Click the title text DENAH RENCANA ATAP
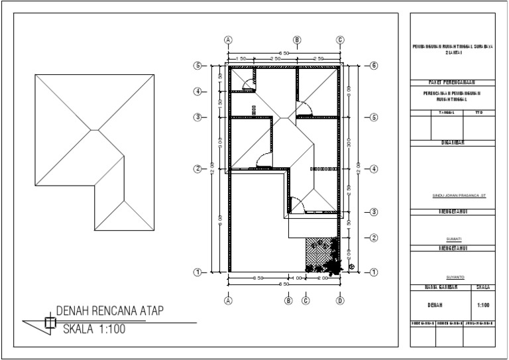click(109, 311)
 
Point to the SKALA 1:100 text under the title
click(93, 328)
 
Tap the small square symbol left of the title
click(49, 323)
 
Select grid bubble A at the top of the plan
click(229, 40)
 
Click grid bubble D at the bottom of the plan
click(339, 300)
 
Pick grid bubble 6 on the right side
click(374, 66)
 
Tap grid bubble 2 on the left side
click(197, 168)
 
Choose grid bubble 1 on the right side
click(374, 272)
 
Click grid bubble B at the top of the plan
click(298, 40)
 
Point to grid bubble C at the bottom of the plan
click(306, 300)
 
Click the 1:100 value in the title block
click(483, 306)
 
